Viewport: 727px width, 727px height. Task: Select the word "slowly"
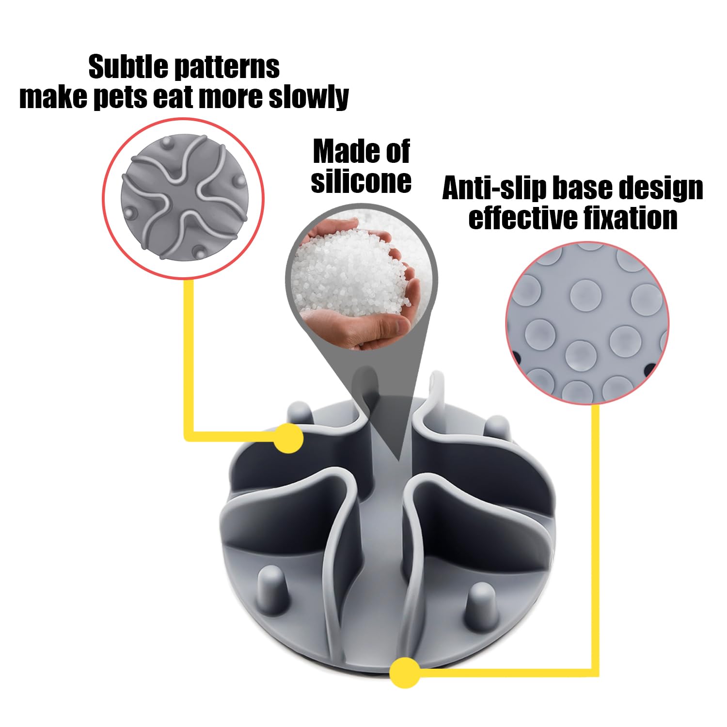click(x=309, y=97)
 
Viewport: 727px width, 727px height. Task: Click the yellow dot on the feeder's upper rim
click(x=288, y=438)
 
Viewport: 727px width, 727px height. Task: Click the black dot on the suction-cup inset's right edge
click(x=650, y=369)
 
